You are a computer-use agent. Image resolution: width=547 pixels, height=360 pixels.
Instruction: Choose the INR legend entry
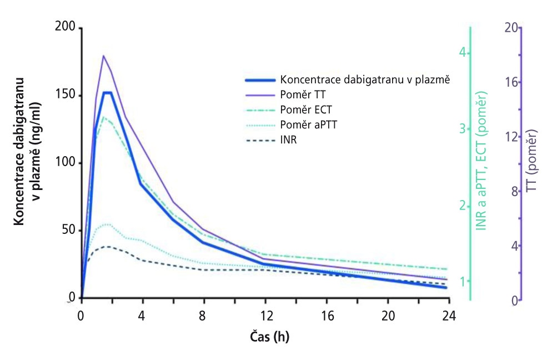click(x=288, y=139)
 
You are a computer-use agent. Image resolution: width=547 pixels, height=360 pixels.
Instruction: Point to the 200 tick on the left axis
click(x=66, y=28)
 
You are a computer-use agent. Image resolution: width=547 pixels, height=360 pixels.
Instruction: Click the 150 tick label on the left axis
click(x=66, y=96)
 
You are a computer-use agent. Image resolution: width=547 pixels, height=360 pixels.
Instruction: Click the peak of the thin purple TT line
click(x=103, y=56)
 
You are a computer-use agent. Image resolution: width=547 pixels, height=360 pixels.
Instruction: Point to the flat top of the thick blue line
click(x=107, y=92)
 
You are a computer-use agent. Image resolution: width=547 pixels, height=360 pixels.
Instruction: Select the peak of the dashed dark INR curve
click(x=107, y=246)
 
